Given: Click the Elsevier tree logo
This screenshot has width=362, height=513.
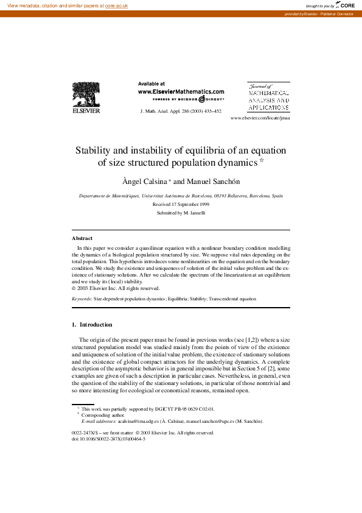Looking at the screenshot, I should coord(86,97).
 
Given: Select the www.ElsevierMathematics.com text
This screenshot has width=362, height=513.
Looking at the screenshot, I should coord(181,91).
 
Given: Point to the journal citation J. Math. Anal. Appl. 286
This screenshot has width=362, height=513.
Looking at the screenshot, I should coord(181,111).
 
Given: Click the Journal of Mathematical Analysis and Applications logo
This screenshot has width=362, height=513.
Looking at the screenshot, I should coord(268,97).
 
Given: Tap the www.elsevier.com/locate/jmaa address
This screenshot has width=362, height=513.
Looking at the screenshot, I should coord(260,118).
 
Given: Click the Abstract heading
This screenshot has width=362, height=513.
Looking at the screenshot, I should coord(82,238).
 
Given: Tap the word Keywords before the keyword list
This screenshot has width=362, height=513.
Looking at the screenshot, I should coord(82,299).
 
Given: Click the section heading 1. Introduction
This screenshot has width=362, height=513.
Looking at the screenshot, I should coord(92,325).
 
